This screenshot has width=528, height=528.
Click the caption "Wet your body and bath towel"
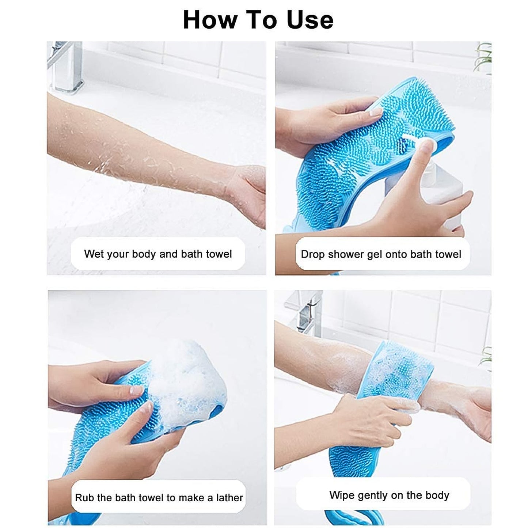pyautogui.click(x=158, y=254)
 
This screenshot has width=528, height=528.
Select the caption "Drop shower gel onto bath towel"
pyautogui.click(x=381, y=254)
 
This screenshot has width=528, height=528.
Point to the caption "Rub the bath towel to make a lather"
pyautogui.click(x=159, y=497)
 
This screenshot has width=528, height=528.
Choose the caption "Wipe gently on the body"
pyautogui.click(x=389, y=495)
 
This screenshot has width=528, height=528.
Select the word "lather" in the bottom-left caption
pyautogui.click(x=229, y=498)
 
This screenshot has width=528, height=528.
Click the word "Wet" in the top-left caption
pyautogui.click(x=94, y=254)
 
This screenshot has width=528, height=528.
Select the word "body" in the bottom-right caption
pyautogui.click(x=437, y=495)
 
